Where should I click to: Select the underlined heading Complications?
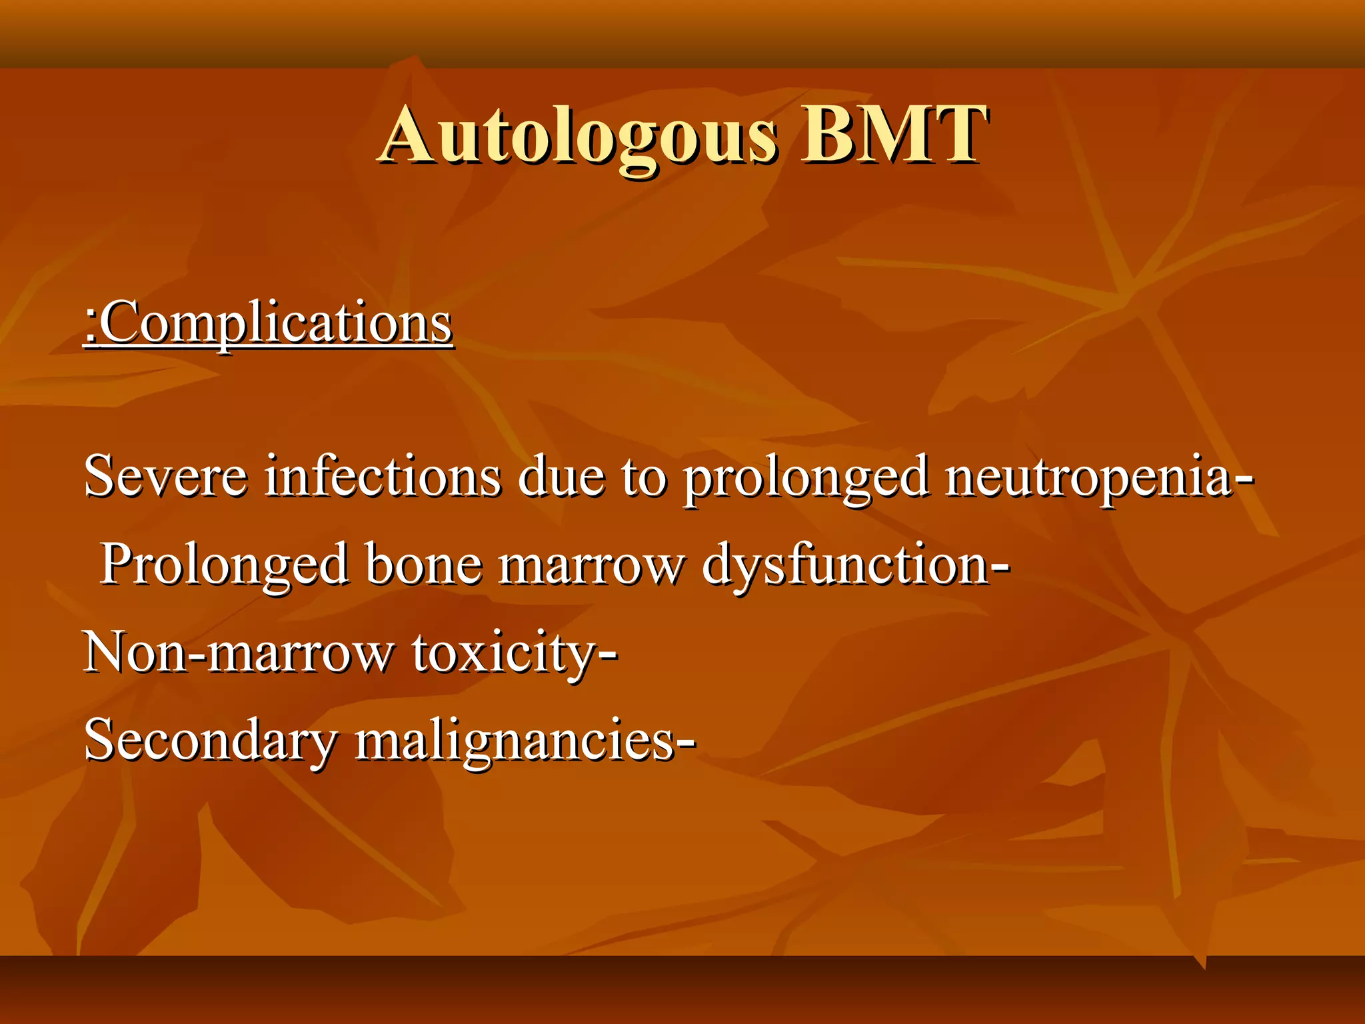point(277,323)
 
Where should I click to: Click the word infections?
point(383,477)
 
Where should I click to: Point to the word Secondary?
point(211,741)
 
